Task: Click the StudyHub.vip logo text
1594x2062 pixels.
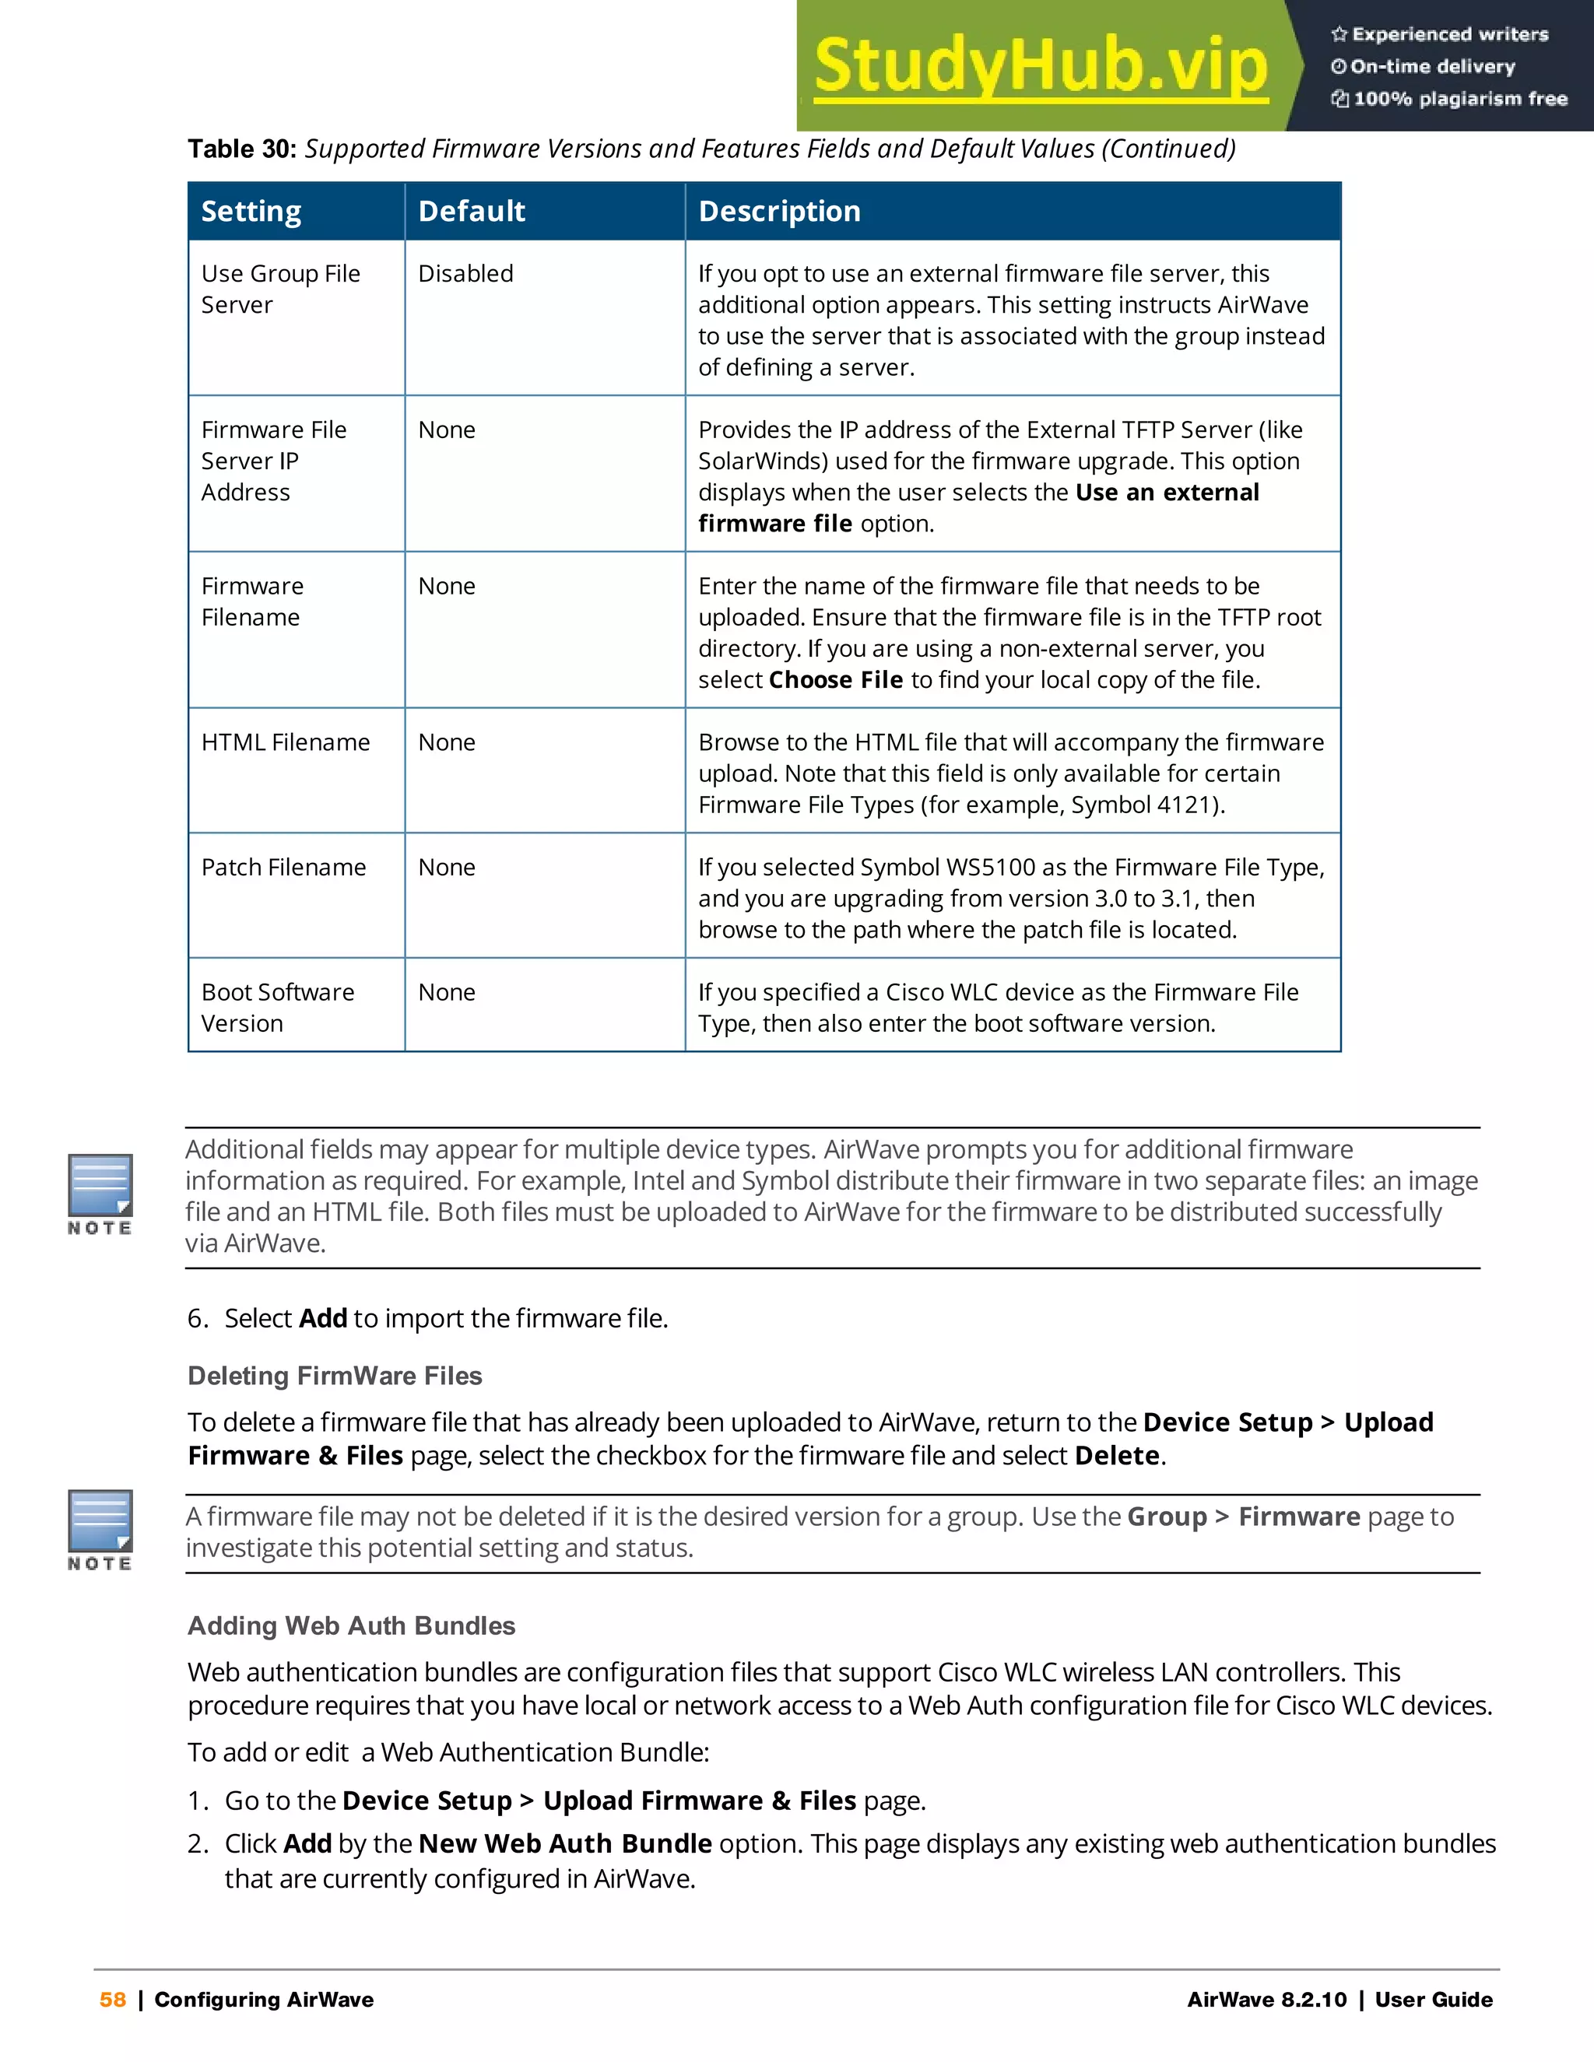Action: click(x=1040, y=66)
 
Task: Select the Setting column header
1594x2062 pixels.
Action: click(x=251, y=212)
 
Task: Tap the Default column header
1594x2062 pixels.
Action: click(x=471, y=212)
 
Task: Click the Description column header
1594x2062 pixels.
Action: click(x=779, y=212)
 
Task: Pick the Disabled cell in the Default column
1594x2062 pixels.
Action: click(x=465, y=274)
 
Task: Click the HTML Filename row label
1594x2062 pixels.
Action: click(x=285, y=743)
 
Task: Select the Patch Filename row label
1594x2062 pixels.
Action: click(x=283, y=868)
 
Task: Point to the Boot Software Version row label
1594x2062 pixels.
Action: click(x=278, y=1008)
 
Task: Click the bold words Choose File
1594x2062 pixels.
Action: click(x=836, y=681)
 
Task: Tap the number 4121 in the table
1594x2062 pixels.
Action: click(x=1186, y=805)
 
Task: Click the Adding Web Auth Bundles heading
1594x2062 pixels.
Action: click(x=351, y=1625)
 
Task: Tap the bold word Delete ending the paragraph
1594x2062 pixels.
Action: click(x=1117, y=1456)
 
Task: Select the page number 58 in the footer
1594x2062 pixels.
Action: click(x=112, y=2000)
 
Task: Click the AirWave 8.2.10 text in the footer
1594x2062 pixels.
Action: click(x=1266, y=2000)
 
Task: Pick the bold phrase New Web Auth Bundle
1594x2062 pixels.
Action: click(x=565, y=1844)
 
